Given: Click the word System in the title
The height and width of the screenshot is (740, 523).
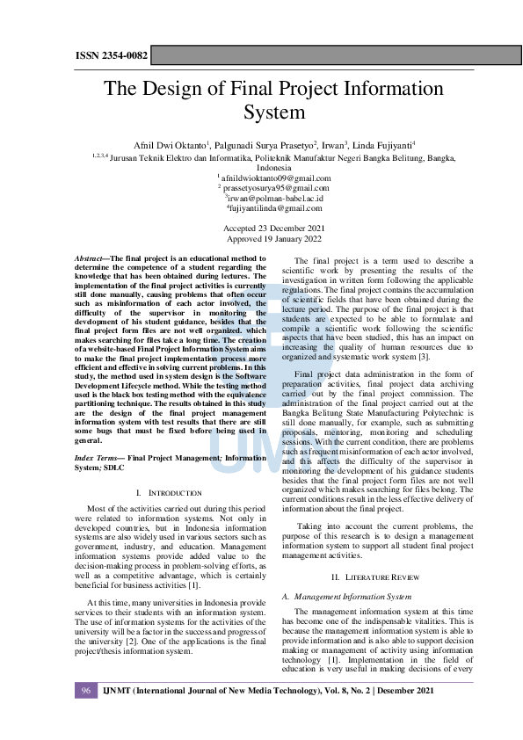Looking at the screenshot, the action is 273,112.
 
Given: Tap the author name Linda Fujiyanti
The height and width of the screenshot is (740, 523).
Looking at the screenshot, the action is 385,144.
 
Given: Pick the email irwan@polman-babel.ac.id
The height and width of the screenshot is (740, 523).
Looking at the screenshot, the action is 273,198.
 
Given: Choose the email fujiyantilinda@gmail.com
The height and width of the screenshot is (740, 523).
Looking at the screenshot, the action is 274,208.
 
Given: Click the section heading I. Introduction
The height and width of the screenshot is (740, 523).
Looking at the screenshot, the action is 171,493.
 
